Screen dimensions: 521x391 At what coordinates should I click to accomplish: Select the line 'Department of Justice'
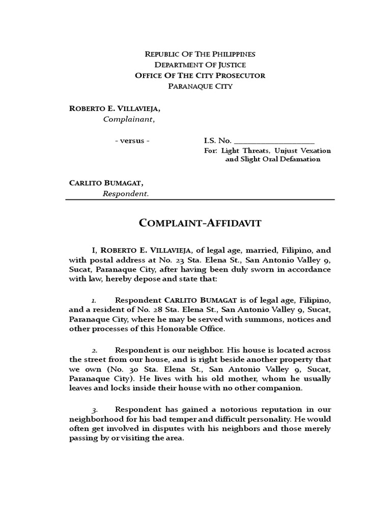click(200, 65)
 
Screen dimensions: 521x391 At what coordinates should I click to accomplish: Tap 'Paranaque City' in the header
click(200, 86)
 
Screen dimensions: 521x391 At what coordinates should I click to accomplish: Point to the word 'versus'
click(132, 140)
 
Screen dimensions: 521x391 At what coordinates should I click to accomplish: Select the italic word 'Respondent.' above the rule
click(126, 193)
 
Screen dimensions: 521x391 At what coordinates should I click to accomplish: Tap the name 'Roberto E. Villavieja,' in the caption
click(117, 109)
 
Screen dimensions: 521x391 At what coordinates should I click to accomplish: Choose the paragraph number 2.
click(95, 351)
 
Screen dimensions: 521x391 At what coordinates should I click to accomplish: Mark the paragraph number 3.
click(95, 410)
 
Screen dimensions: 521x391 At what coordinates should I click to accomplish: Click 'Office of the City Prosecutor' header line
click(200, 75)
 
